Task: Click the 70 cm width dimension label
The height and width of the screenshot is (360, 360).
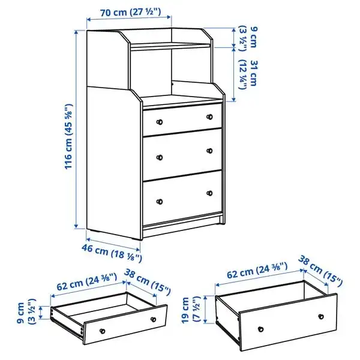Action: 130,12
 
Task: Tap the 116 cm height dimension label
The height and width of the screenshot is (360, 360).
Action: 68,136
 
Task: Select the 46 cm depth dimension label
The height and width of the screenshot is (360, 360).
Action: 112,253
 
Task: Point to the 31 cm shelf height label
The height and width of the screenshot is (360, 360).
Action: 248,74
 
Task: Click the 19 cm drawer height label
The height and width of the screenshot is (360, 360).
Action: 191,310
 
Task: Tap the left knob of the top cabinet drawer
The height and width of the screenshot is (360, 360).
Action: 160,122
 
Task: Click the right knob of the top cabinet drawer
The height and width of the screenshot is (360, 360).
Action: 209,117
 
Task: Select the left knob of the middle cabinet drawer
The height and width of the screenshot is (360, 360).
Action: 160,157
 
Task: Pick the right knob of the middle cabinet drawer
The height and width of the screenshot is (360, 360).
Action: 209,151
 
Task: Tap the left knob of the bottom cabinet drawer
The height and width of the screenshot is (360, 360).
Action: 160,202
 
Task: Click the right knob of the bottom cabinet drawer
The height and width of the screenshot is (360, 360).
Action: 209,193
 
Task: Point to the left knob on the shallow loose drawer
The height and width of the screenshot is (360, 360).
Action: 103,331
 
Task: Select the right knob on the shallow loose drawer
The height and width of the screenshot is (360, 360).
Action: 153,319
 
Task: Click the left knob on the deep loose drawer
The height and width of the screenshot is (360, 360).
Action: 260,329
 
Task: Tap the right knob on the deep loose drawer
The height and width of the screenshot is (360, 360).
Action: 321,317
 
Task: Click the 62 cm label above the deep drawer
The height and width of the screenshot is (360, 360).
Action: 257,271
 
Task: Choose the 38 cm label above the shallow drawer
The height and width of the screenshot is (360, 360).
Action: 148,282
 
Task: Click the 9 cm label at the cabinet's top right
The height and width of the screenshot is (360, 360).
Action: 248,38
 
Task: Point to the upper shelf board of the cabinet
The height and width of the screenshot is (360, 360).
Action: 170,46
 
